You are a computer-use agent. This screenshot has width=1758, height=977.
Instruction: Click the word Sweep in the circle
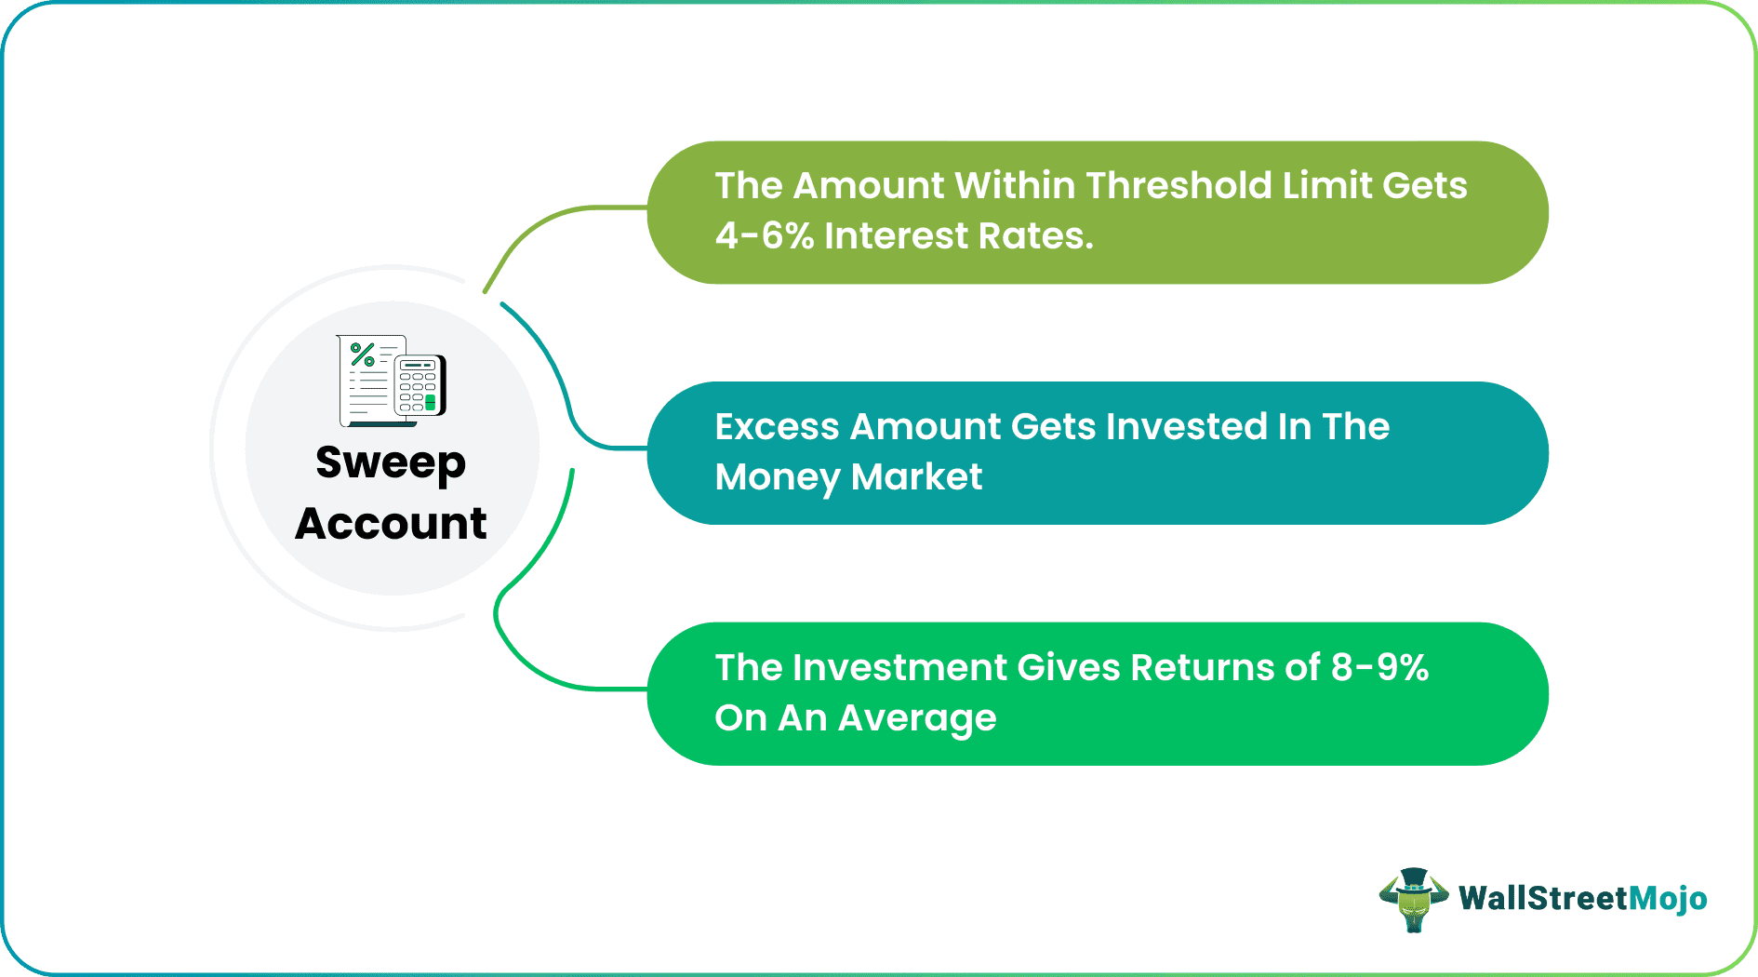390,463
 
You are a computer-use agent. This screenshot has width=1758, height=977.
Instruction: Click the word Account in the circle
391,523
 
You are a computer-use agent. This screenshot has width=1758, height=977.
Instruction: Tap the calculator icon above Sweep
420,385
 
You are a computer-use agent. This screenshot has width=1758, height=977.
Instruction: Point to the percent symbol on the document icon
363,354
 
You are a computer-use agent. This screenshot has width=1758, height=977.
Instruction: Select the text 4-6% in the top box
764,236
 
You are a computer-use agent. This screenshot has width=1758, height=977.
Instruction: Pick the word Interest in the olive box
896,236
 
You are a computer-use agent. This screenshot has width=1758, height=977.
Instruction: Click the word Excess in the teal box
777,427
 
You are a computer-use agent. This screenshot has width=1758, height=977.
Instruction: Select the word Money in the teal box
777,477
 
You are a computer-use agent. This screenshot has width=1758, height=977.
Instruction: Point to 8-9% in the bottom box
1379,668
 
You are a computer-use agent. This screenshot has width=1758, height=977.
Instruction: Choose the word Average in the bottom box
916,718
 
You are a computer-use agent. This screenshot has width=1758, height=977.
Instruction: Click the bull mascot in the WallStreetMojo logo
1413,899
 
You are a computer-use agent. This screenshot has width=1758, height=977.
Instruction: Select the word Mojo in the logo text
1669,899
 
